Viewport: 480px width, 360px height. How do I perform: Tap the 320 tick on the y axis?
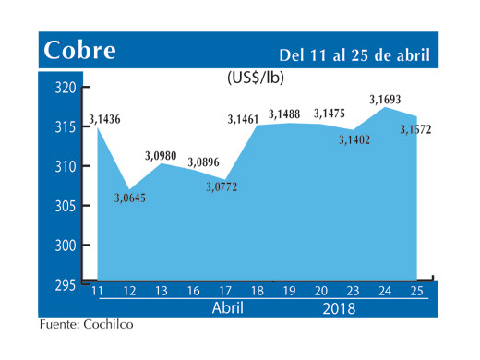pyautogui.click(x=63, y=89)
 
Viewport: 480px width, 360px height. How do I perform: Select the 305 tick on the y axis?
pyautogui.click(x=63, y=206)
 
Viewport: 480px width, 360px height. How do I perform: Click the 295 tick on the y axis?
pyautogui.click(x=63, y=285)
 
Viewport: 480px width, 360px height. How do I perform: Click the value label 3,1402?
pyautogui.click(x=353, y=139)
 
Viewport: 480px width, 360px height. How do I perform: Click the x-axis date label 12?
pyautogui.click(x=129, y=293)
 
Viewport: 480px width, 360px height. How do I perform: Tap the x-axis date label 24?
pyautogui.click(x=385, y=293)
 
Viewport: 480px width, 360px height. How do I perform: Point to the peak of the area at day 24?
pyautogui.click(x=385, y=108)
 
